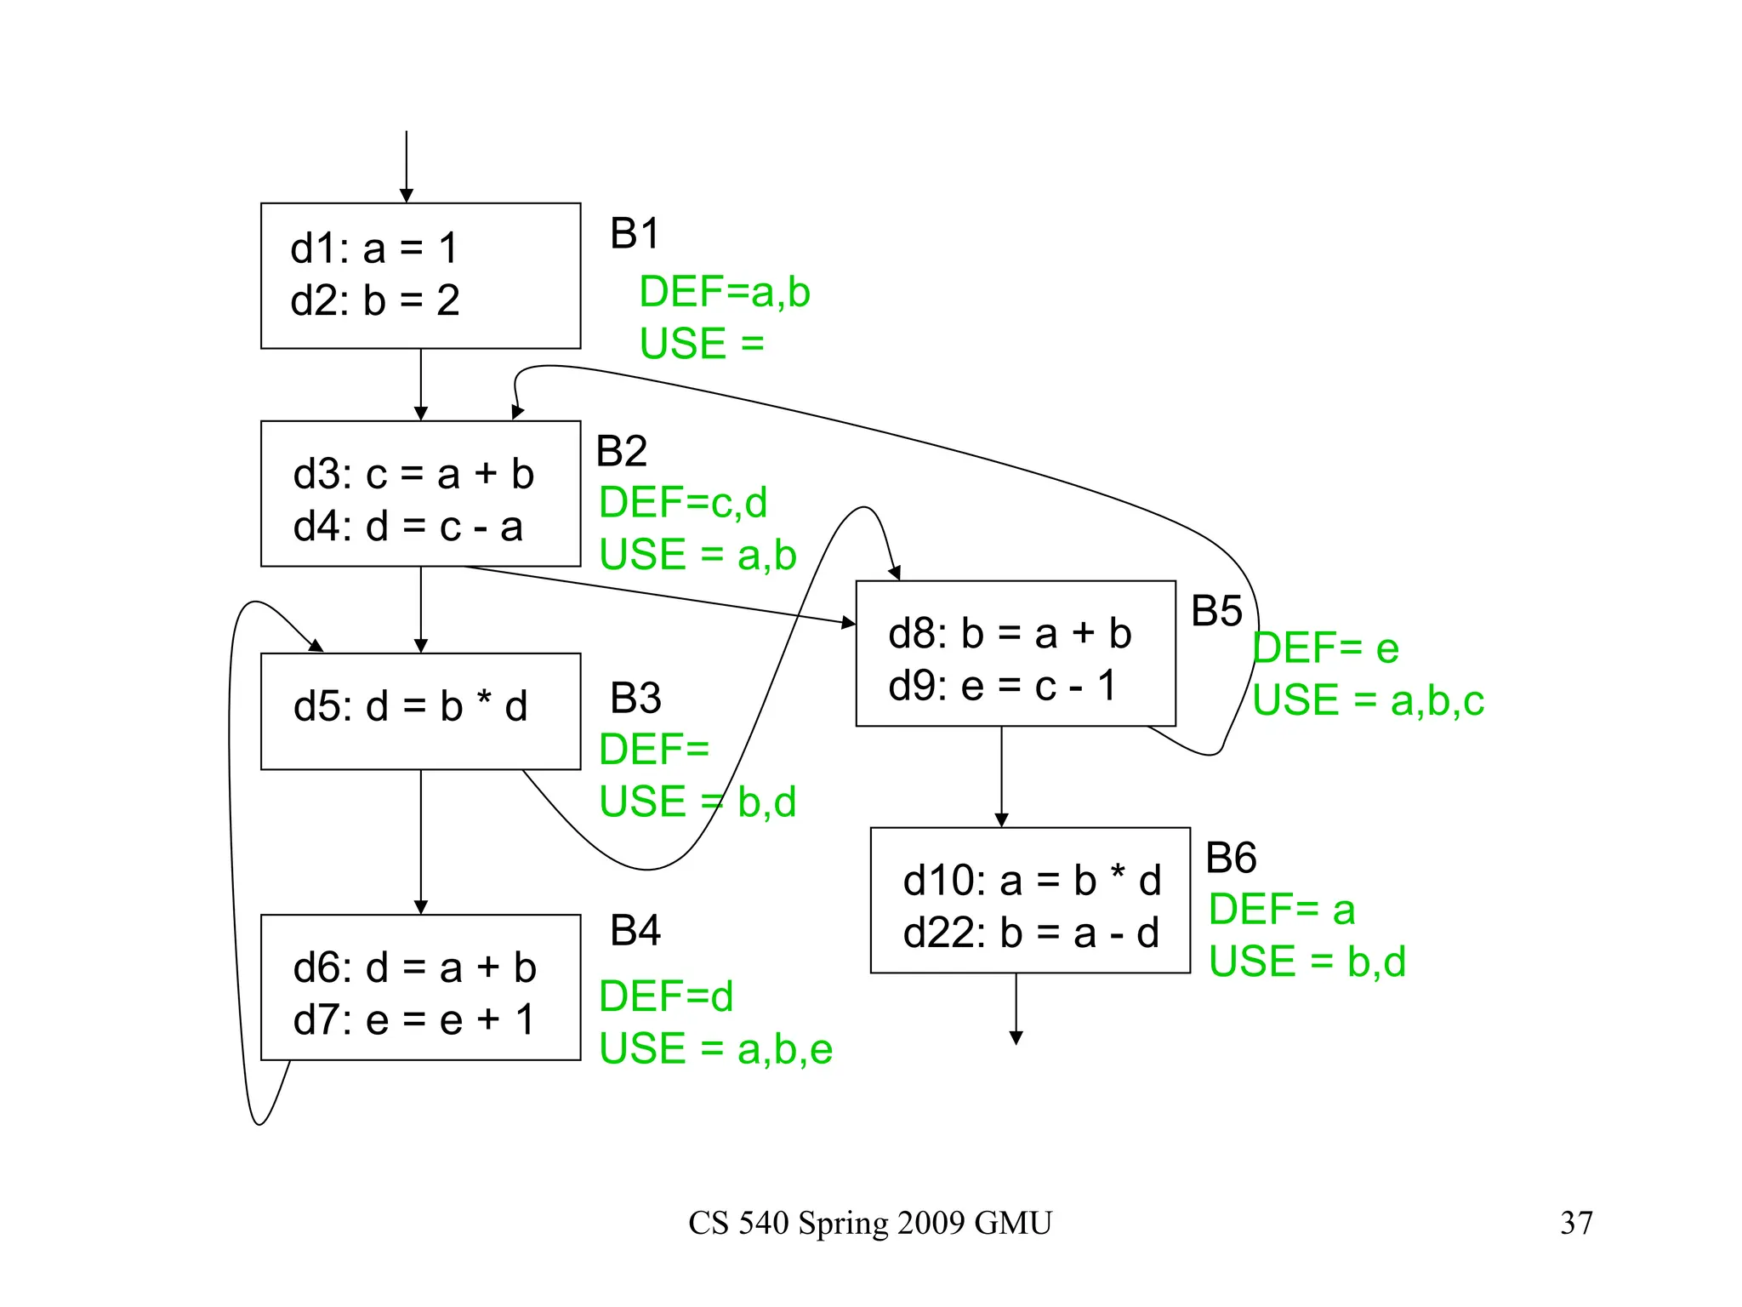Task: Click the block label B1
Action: (635, 233)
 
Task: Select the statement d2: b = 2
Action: (375, 300)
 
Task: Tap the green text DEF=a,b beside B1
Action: (724, 292)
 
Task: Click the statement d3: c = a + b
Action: (413, 474)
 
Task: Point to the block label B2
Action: (621, 451)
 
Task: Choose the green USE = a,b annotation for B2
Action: (697, 555)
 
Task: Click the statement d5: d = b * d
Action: (410, 706)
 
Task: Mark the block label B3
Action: (635, 698)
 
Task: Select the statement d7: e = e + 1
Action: (414, 1019)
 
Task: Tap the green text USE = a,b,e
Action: (715, 1048)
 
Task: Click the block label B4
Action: (635, 930)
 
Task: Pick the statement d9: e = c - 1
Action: (1002, 686)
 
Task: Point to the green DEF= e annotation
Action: (1325, 648)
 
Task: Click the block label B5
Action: (1216, 611)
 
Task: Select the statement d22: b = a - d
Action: (1031, 933)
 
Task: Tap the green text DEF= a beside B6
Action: (1281, 909)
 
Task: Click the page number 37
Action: (1576, 1223)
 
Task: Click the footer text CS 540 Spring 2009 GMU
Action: (870, 1223)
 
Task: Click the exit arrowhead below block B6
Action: (1016, 1037)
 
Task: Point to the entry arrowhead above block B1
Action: (407, 196)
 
